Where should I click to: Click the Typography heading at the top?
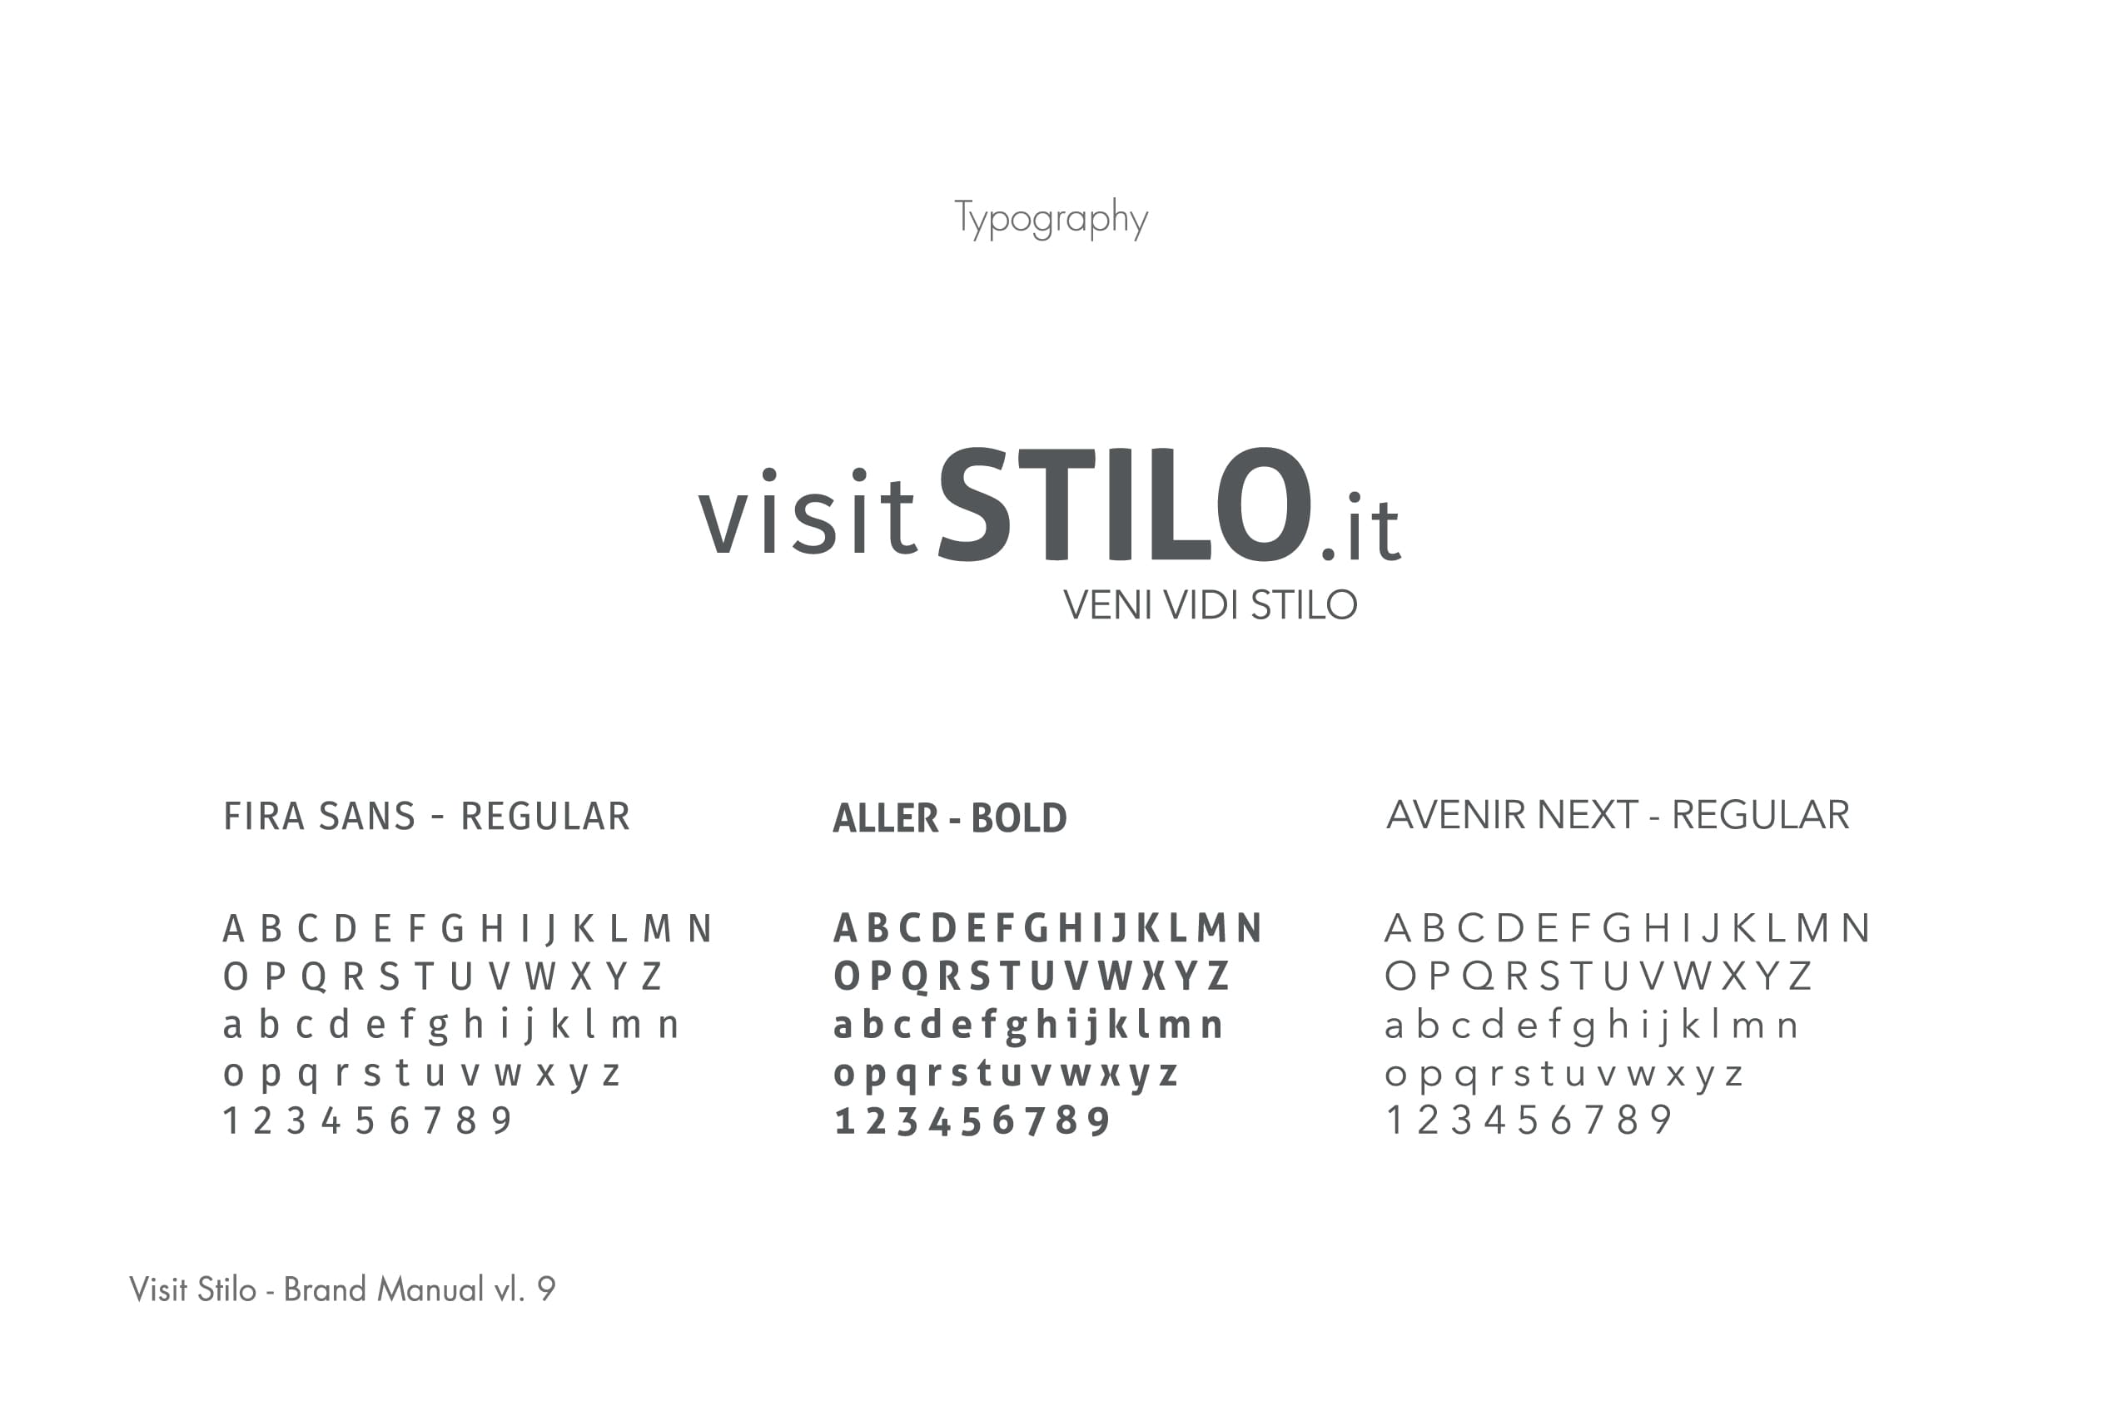[1051, 219]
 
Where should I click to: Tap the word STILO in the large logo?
[1125, 504]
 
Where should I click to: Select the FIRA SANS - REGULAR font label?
[426, 817]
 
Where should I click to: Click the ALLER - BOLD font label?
[950, 818]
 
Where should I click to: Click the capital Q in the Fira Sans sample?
[313, 978]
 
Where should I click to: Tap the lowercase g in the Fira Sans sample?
[438, 1029]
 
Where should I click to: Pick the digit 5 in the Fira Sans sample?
[365, 1120]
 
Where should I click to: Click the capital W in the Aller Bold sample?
[1115, 976]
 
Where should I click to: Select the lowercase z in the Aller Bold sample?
[1168, 1075]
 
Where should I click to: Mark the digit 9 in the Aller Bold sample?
[1098, 1121]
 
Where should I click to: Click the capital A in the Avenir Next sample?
[1398, 928]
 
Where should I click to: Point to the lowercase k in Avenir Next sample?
[1691, 1025]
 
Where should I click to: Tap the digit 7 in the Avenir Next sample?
[1593, 1120]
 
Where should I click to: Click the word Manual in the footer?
[430, 1289]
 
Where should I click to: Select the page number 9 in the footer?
[546, 1289]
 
